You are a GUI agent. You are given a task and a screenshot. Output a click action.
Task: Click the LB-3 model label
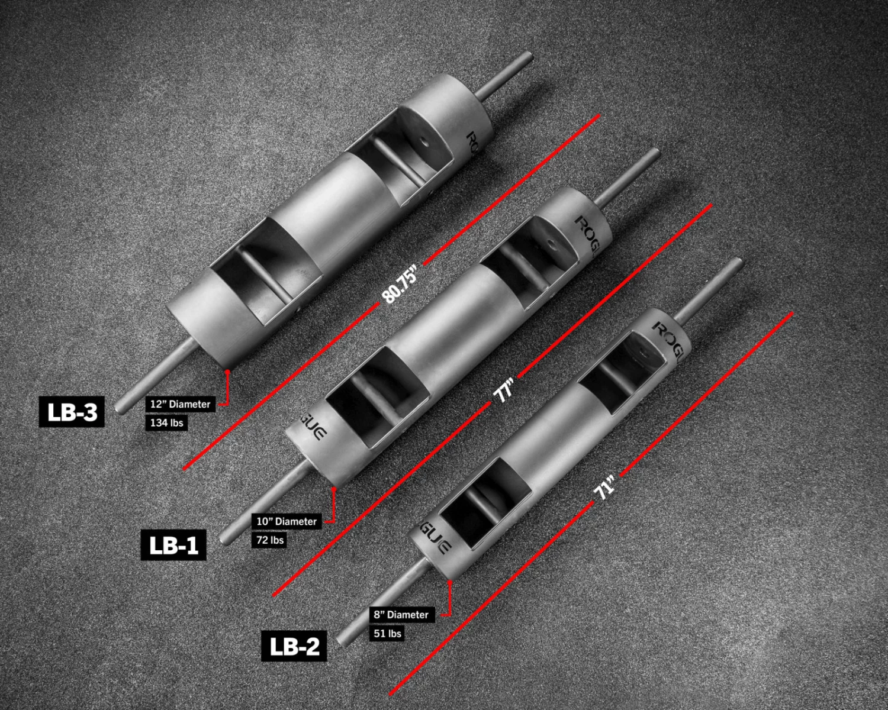[72, 412]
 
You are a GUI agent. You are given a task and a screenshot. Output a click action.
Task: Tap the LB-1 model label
[173, 545]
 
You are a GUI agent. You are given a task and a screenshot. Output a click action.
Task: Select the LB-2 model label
[294, 646]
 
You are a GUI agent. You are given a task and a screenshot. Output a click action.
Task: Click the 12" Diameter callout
[180, 404]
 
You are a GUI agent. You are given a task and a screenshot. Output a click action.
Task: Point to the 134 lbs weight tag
[166, 422]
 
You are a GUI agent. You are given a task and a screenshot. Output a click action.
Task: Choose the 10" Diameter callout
[287, 521]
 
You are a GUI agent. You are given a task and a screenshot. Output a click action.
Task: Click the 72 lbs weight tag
[269, 540]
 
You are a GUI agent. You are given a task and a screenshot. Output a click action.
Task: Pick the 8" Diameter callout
[401, 615]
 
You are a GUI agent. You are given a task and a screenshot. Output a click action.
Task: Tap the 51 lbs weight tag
[387, 633]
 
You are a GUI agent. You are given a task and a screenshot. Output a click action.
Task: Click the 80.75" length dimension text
[401, 284]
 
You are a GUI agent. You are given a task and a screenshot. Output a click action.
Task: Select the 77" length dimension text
[505, 390]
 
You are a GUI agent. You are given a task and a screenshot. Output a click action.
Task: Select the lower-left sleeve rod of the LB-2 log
[379, 603]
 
